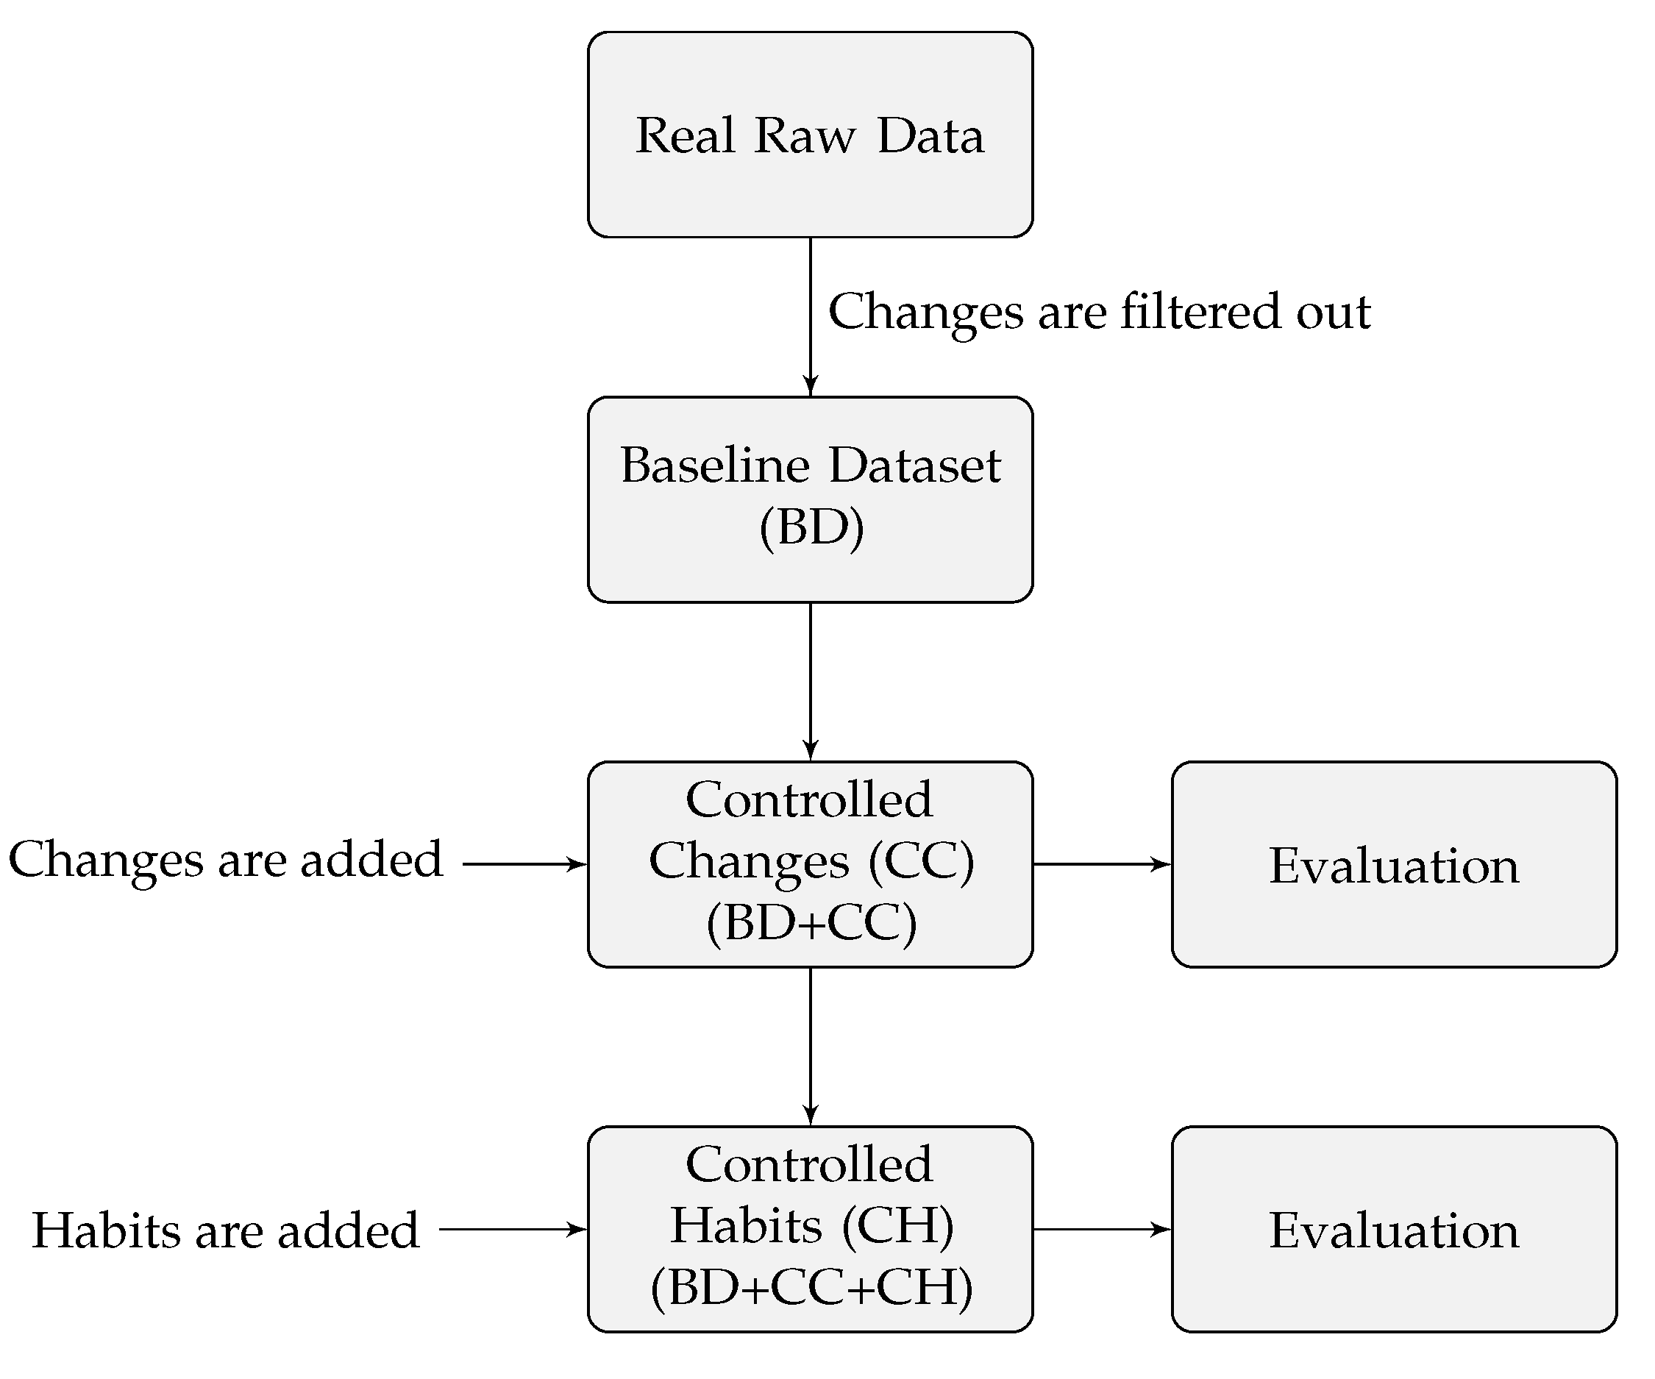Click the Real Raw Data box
[x=810, y=134]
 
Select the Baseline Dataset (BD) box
[x=810, y=499]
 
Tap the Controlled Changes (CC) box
[x=810, y=863]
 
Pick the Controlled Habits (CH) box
[x=810, y=1229]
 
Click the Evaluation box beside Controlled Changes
[x=1394, y=863]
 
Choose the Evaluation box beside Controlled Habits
[x=1394, y=1229]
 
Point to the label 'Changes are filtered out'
[x=1100, y=312]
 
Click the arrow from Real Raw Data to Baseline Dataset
[x=810, y=316]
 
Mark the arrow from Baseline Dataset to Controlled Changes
[x=810, y=682]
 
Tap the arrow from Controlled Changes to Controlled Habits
[x=810, y=1047]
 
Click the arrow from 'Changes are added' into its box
[x=524, y=864]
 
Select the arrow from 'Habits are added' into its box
[x=512, y=1229]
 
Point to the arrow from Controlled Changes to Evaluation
[x=1102, y=864]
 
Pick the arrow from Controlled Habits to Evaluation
[x=1102, y=1229]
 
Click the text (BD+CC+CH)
[x=812, y=1288]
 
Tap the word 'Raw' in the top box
[x=804, y=135]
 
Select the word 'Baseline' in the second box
[x=714, y=465]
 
